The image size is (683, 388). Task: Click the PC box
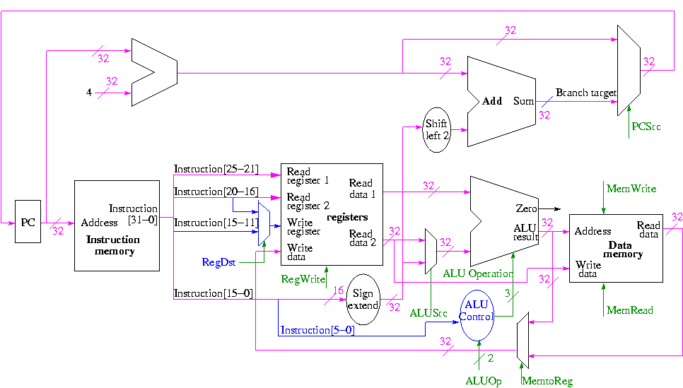point(28,223)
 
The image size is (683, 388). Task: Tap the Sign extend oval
point(363,300)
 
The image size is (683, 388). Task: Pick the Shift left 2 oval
point(437,130)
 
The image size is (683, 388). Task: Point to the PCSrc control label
point(646,127)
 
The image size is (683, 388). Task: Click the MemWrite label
point(631,189)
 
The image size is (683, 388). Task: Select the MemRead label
point(630,310)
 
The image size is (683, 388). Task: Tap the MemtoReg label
point(547,382)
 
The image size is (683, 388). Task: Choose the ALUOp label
point(483,382)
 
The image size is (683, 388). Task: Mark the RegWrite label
point(303,279)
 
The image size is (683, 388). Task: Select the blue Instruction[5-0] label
point(317,330)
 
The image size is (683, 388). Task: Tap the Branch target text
point(586,93)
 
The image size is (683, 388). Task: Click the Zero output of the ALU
point(526,209)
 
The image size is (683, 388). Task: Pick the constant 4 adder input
point(89,92)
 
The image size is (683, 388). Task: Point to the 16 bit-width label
point(338,290)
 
